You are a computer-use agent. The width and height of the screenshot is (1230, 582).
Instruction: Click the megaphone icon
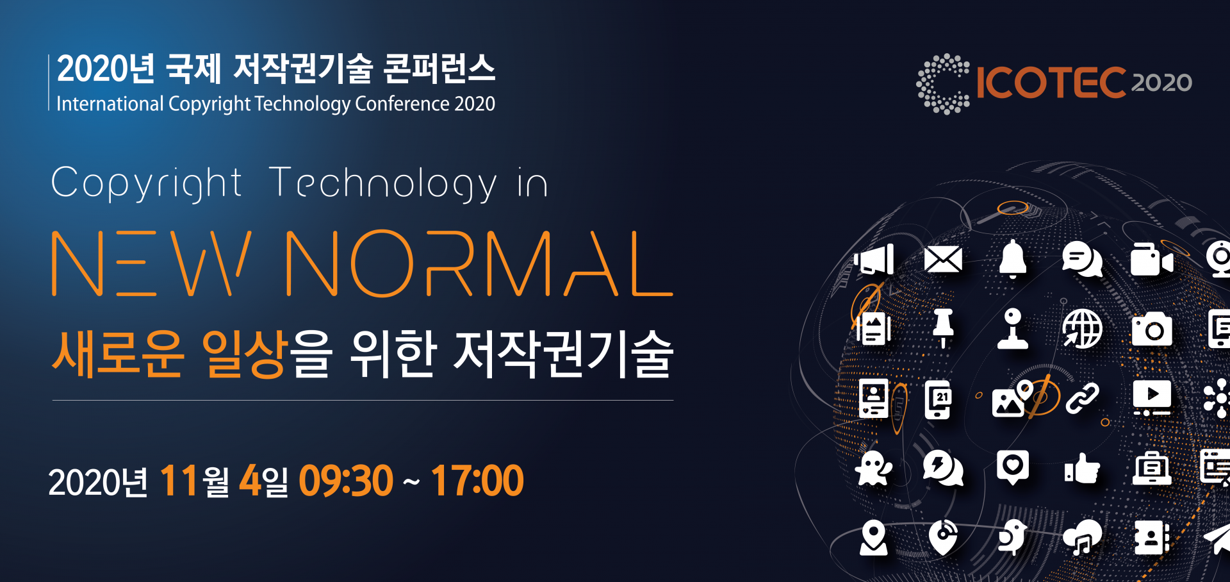tap(874, 260)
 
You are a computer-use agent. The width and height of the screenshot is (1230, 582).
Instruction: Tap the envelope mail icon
tap(943, 260)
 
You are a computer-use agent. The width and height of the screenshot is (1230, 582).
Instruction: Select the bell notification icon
tap(1013, 259)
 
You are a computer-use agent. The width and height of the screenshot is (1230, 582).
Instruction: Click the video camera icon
tap(1152, 260)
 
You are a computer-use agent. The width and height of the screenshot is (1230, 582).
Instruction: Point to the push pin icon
tap(943, 328)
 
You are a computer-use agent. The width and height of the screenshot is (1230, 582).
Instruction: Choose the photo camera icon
tap(1152, 329)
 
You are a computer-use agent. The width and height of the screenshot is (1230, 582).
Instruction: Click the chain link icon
tap(1082, 399)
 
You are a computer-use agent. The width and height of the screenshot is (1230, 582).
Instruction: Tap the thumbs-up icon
tap(1082, 469)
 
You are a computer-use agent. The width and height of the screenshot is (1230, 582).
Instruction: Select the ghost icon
tap(874, 469)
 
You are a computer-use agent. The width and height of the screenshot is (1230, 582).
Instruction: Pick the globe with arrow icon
tap(1082, 329)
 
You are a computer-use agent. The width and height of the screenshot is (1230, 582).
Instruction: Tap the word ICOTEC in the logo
tap(1051, 83)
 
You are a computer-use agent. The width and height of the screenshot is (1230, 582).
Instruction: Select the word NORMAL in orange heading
tap(479, 263)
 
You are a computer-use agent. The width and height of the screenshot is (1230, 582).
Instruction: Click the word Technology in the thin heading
tap(382, 183)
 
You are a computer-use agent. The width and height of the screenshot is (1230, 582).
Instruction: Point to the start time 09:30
tap(346, 481)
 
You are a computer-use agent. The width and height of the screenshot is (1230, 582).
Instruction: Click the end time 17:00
tap(477, 481)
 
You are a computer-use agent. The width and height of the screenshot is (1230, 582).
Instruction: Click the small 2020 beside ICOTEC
tap(1161, 83)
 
